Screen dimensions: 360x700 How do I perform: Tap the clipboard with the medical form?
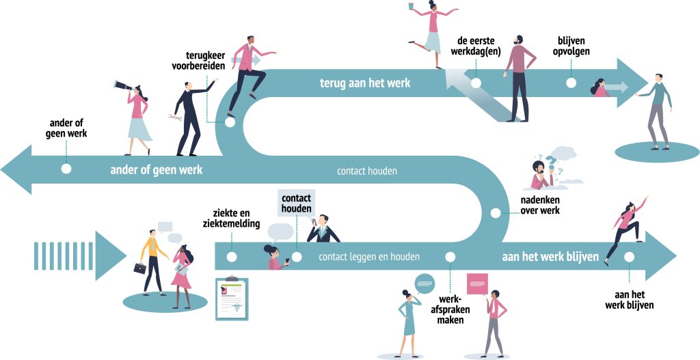tap(232, 299)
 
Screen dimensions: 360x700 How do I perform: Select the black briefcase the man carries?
tap(139, 268)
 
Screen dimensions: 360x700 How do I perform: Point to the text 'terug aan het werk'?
tap(365, 83)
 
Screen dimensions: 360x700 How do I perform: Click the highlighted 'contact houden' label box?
tap(297, 203)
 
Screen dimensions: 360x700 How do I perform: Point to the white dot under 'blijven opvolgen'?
tap(571, 83)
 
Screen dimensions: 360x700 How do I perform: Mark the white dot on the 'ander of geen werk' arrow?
tap(66, 168)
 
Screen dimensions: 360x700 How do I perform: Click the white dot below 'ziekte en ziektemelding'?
tap(232, 257)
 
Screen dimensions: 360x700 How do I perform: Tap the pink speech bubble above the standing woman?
tap(476, 282)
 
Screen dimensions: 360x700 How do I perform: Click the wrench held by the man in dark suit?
tap(174, 119)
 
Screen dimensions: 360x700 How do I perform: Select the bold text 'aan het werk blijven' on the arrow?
tap(550, 257)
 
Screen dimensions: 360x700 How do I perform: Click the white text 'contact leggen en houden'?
tap(368, 257)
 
